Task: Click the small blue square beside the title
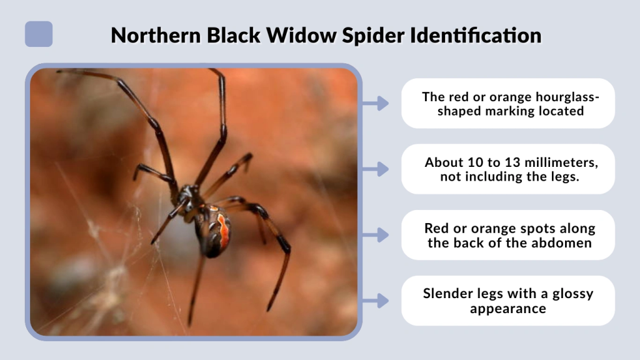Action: pos(39,34)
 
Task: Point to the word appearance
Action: pos(508,309)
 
